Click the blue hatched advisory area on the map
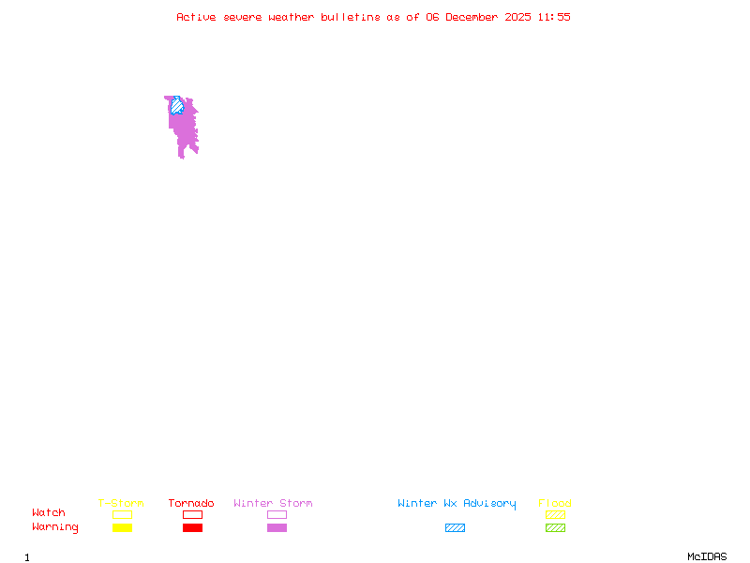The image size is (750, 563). tap(176, 105)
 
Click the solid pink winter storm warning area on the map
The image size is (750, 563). tap(185, 131)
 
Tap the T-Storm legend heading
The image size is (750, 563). tap(121, 503)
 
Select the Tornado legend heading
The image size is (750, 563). tap(191, 503)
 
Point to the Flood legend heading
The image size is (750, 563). tap(555, 503)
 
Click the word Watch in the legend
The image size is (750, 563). tap(49, 513)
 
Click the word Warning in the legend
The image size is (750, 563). tap(55, 527)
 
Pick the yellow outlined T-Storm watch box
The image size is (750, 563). tap(122, 514)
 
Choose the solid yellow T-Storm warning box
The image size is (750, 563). tap(122, 527)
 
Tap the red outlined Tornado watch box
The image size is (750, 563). tap(192, 514)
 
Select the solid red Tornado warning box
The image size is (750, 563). tap(192, 527)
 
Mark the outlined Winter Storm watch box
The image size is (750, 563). tap(277, 514)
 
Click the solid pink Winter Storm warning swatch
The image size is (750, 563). tap(277, 527)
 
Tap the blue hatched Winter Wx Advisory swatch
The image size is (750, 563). tap(455, 527)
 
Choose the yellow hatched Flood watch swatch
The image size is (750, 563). tap(555, 514)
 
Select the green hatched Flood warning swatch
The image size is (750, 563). tap(555, 527)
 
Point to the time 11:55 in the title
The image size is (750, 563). tap(554, 17)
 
